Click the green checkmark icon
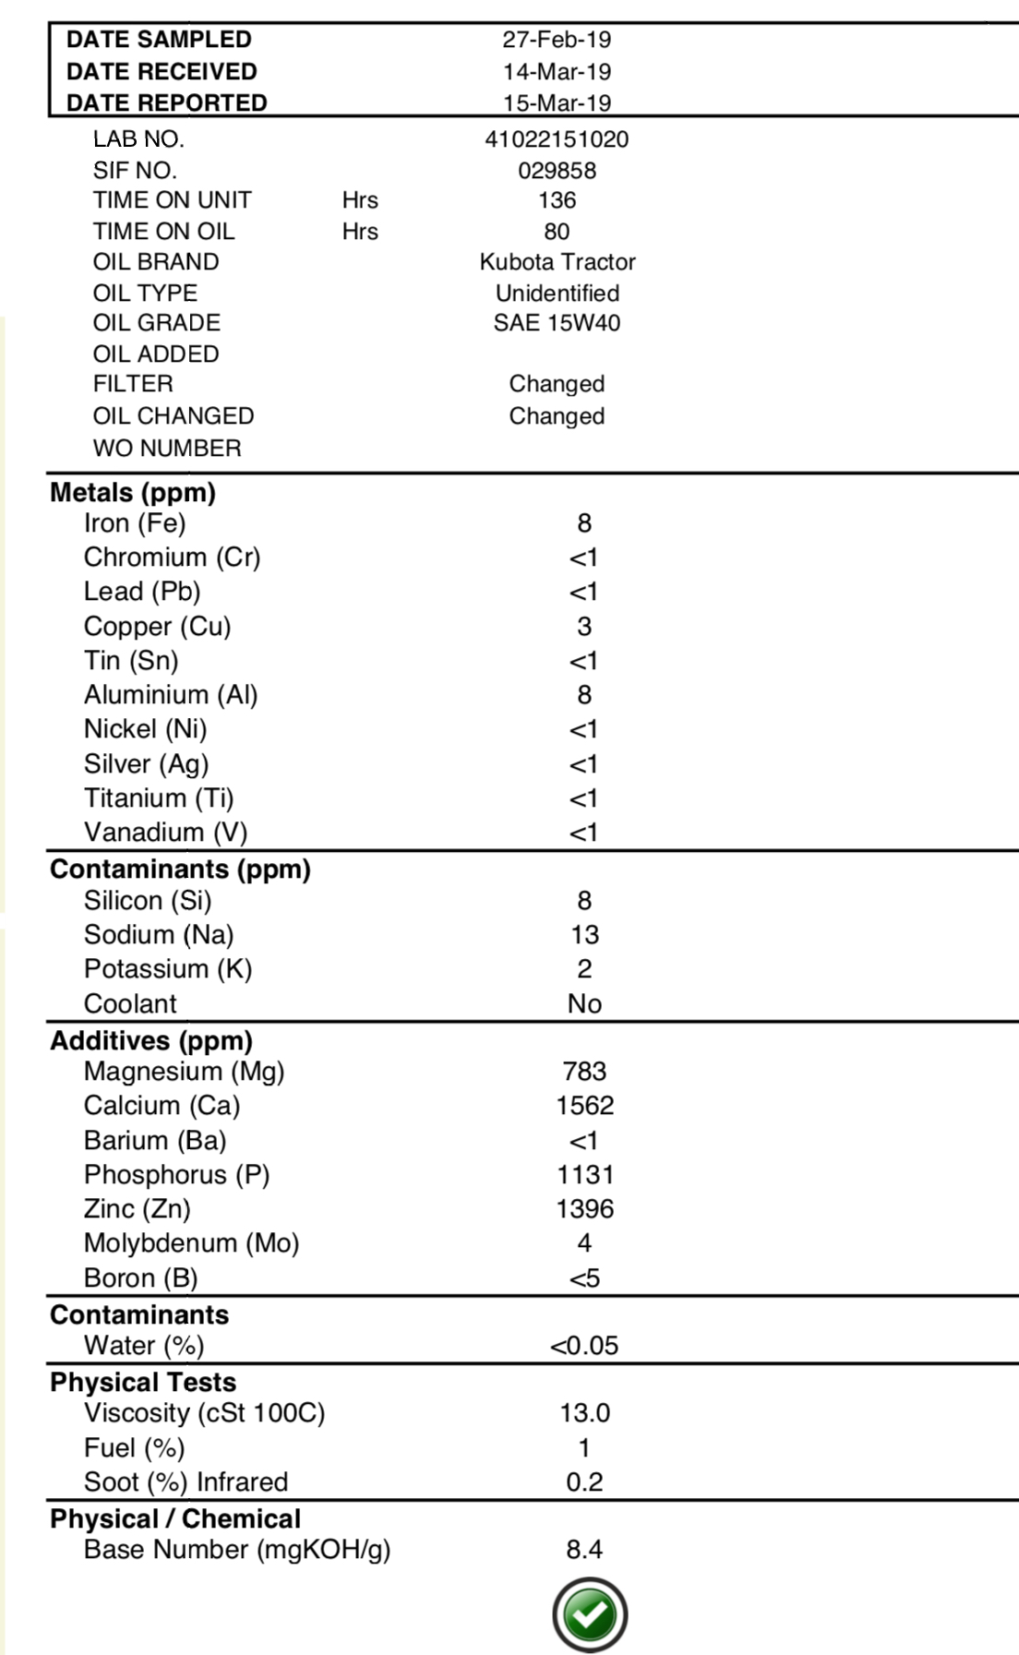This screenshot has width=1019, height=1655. pyautogui.click(x=590, y=1614)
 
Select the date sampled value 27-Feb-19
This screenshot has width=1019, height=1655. pyautogui.click(x=557, y=40)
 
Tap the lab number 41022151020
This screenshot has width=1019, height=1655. pyautogui.click(x=557, y=139)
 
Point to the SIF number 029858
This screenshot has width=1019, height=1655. pyautogui.click(x=557, y=171)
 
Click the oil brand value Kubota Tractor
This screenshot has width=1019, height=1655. pyautogui.click(x=557, y=262)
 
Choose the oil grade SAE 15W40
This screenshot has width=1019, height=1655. pyautogui.click(x=557, y=323)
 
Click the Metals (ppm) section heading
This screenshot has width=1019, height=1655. pyautogui.click(x=133, y=492)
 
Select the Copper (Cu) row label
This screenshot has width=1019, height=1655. pyautogui.click(x=157, y=627)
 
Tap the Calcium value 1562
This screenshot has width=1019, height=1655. pyautogui.click(x=584, y=1106)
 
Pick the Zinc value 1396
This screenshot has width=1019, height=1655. pyautogui.click(x=584, y=1209)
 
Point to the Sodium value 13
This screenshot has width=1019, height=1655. pyautogui.click(x=584, y=935)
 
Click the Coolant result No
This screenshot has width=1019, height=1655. pyautogui.click(x=584, y=1004)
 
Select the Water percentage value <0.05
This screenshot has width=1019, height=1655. pyautogui.click(x=584, y=1346)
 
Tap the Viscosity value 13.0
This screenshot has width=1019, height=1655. pyautogui.click(x=584, y=1413)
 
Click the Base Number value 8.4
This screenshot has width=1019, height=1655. pyautogui.click(x=584, y=1550)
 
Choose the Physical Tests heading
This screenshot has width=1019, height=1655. pyautogui.click(x=143, y=1382)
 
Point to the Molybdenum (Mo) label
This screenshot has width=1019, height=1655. pyautogui.click(x=191, y=1243)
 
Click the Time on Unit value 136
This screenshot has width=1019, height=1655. pyautogui.click(x=557, y=200)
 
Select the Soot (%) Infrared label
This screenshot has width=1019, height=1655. pyautogui.click(x=186, y=1482)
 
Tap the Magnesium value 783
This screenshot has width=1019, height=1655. pyautogui.click(x=584, y=1072)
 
